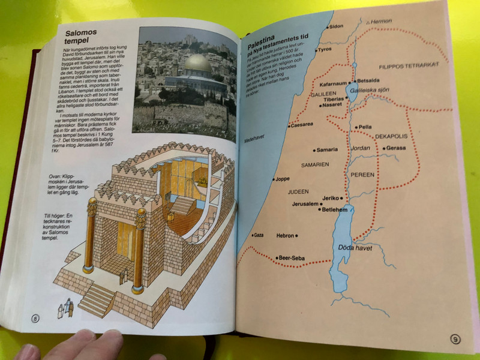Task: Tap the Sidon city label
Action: [337, 27]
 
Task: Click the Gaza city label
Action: [259, 235]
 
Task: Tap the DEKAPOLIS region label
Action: [392, 137]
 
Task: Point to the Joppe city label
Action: [283, 178]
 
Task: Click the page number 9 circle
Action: [455, 340]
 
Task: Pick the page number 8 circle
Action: [35, 318]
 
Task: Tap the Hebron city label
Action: [285, 236]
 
